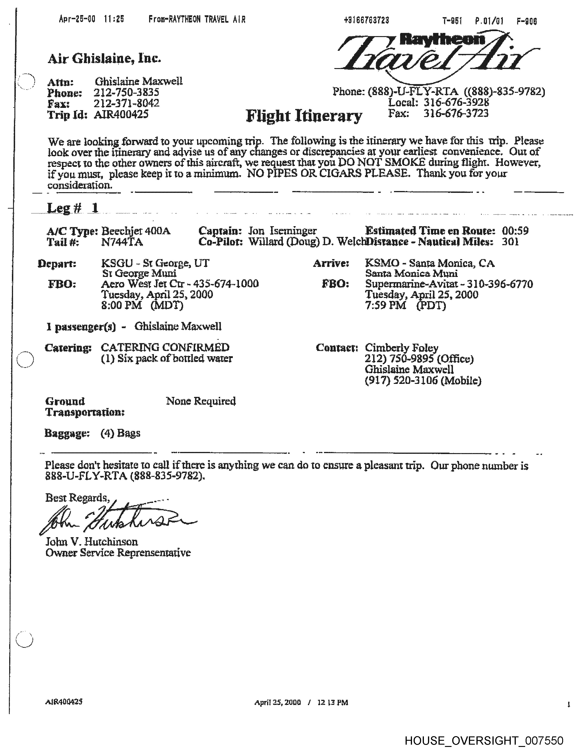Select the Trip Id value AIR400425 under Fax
point(121,114)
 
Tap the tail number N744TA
point(122,242)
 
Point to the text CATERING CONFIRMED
point(165,347)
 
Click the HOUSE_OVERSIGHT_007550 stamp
point(484,741)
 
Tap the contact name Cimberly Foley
point(401,348)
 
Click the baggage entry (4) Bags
point(120,433)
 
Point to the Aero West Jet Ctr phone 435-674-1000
point(226,284)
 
